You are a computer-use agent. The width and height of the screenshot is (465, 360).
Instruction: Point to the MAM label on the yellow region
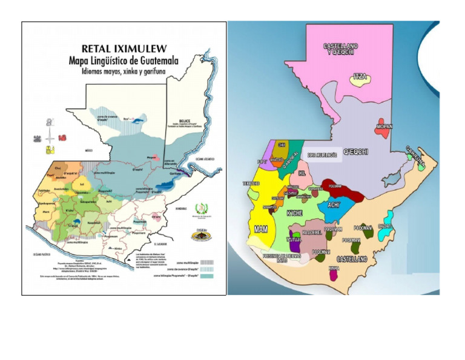[x=262, y=229]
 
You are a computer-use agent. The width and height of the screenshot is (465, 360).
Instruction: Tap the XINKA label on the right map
[x=333, y=267]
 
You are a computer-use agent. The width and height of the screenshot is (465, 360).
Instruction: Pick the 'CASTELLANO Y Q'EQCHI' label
[x=340, y=49]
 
